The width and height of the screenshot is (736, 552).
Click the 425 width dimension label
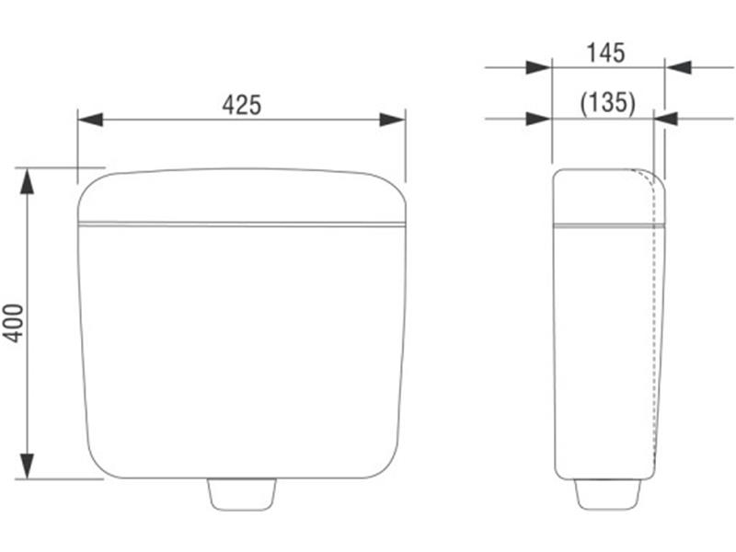click(x=242, y=105)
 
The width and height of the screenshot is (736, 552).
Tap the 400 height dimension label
click(x=14, y=324)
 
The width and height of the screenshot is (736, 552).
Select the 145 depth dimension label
click(x=605, y=52)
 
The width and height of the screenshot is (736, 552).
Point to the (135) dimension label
click(x=608, y=103)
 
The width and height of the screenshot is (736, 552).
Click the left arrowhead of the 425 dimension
click(x=90, y=120)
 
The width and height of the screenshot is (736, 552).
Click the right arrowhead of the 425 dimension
click(x=393, y=120)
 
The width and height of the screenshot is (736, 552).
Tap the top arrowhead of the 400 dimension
click(x=28, y=180)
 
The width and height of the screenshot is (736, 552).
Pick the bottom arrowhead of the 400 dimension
click(x=28, y=466)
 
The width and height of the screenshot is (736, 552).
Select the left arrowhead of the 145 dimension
click(x=539, y=67)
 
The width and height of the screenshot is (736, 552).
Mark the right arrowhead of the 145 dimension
click(x=678, y=67)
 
